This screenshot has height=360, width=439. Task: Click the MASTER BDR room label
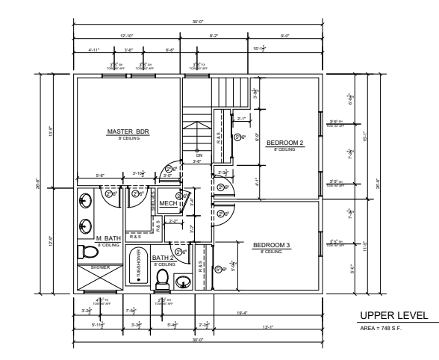tap(128, 131)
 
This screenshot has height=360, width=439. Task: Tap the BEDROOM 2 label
tap(284, 143)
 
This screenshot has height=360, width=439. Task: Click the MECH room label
tap(168, 202)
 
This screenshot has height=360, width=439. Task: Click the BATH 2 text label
tap(164, 258)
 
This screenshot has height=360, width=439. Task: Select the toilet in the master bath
tap(85, 251)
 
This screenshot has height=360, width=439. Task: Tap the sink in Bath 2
tap(182, 281)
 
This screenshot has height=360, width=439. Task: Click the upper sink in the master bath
tap(86, 200)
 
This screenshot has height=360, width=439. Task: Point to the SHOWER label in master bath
tap(99, 266)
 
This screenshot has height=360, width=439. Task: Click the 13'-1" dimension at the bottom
tap(287, 325)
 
